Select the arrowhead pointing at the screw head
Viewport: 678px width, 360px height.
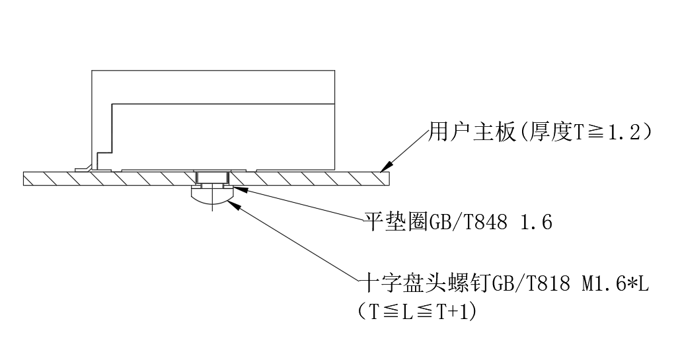coord(232,203)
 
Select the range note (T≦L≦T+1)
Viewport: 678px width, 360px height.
coord(416,310)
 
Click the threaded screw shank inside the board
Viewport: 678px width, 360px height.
coord(211,177)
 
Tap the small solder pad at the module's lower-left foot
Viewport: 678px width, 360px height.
coord(84,169)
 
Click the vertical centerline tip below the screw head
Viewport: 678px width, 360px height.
coord(211,209)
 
